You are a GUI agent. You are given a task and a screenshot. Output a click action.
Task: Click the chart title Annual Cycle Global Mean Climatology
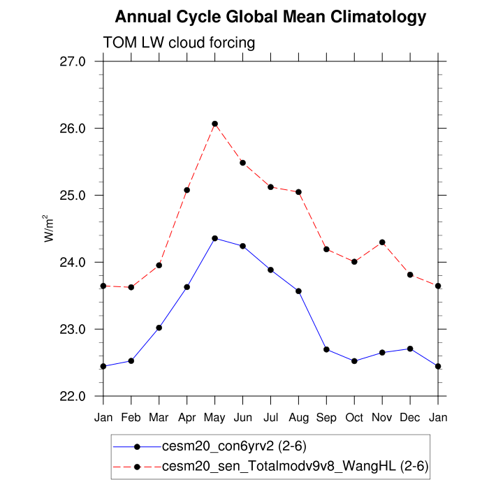click(x=270, y=17)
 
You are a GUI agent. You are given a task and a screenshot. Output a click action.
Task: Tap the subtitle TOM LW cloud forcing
click(x=179, y=43)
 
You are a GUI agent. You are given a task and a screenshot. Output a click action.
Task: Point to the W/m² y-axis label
click(x=50, y=228)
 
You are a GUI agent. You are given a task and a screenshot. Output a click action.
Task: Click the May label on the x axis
click(x=214, y=418)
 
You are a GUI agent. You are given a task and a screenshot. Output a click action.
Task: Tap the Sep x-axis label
click(x=326, y=418)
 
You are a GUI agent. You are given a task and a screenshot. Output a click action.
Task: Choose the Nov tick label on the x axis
click(x=382, y=418)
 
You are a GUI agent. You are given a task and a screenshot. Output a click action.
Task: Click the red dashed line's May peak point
click(x=215, y=124)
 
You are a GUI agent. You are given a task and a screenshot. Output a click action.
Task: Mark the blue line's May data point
click(x=215, y=238)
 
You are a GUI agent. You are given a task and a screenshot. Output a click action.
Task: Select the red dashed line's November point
click(x=382, y=242)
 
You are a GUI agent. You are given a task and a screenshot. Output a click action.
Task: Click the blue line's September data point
click(x=326, y=349)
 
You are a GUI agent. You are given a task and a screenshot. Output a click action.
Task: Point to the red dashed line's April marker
click(x=187, y=190)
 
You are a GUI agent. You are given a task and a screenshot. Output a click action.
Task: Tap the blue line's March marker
click(x=159, y=328)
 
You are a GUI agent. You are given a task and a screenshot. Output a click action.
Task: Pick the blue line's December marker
click(x=410, y=349)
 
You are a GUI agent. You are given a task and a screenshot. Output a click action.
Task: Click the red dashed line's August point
click(x=298, y=192)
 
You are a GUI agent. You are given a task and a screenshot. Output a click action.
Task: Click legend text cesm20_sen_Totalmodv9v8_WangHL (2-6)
click(x=295, y=466)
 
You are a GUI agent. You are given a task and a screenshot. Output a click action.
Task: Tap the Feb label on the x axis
click(x=131, y=418)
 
